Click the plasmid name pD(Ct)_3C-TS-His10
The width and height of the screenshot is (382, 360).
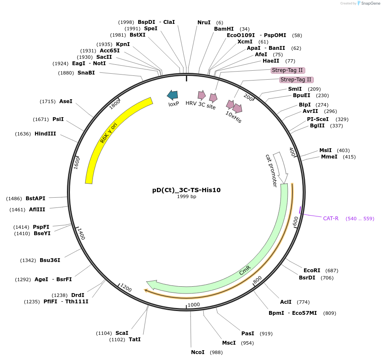click(186, 190)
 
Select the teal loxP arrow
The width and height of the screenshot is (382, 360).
click(173, 95)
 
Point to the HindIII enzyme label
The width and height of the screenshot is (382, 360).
click(45, 133)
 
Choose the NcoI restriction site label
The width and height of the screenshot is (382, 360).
click(197, 352)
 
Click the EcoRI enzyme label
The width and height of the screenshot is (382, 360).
click(312, 271)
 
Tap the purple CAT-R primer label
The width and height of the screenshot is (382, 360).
click(330, 219)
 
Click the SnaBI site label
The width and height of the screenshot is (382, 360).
click(86, 73)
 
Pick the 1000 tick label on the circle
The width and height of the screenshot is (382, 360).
click(194, 305)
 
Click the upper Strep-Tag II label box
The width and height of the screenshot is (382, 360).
click(288, 70)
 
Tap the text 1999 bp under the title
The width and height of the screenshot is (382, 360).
click(186, 196)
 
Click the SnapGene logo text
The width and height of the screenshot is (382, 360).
click(369, 3)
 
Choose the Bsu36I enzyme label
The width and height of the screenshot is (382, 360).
click(50, 260)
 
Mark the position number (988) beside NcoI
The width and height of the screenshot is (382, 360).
click(216, 352)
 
